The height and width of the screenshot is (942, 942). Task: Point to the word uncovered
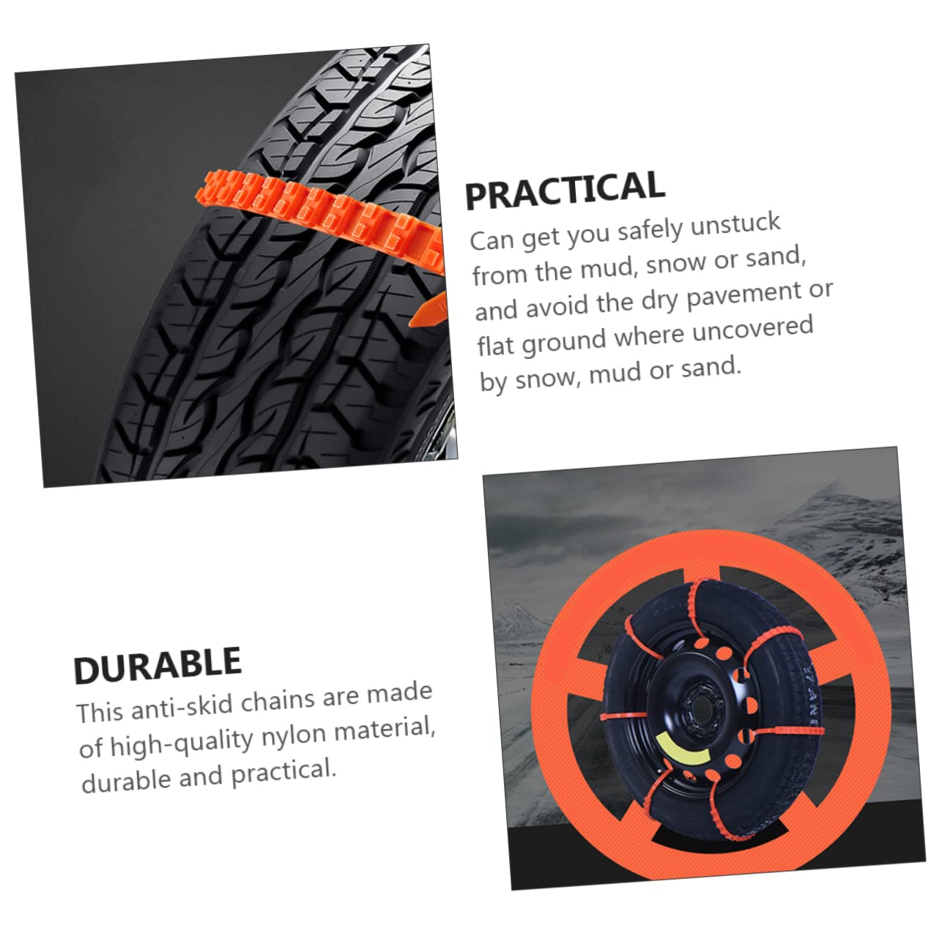coord(752,330)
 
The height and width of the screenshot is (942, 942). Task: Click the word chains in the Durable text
coord(279,701)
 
